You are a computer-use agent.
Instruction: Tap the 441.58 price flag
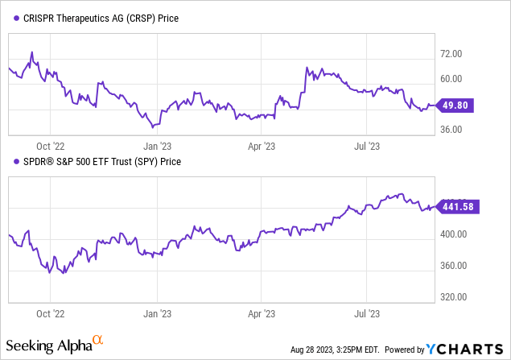pos(458,207)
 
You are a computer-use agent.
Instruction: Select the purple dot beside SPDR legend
pos(15,162)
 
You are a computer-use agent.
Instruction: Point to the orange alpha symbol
pos(97,341)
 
